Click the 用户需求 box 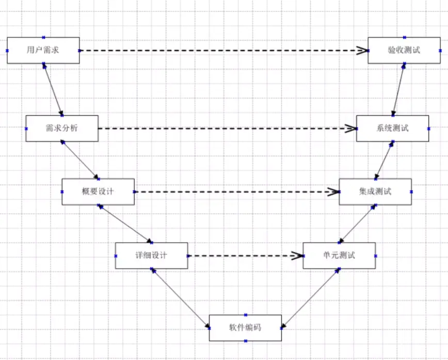[43, 50]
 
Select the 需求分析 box [62, 128]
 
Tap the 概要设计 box [98, 192]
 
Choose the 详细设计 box [151, 255]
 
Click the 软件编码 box [245, 327]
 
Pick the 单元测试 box [339, 255]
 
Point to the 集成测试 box [375, 192]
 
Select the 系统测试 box [392, 128]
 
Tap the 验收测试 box [404, 50]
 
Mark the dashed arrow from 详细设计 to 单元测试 [243, 255]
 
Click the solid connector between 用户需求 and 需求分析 [53, 89]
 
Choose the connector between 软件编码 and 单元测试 [311, 298]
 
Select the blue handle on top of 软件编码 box [246, 315]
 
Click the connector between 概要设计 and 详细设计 [124, 223]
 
